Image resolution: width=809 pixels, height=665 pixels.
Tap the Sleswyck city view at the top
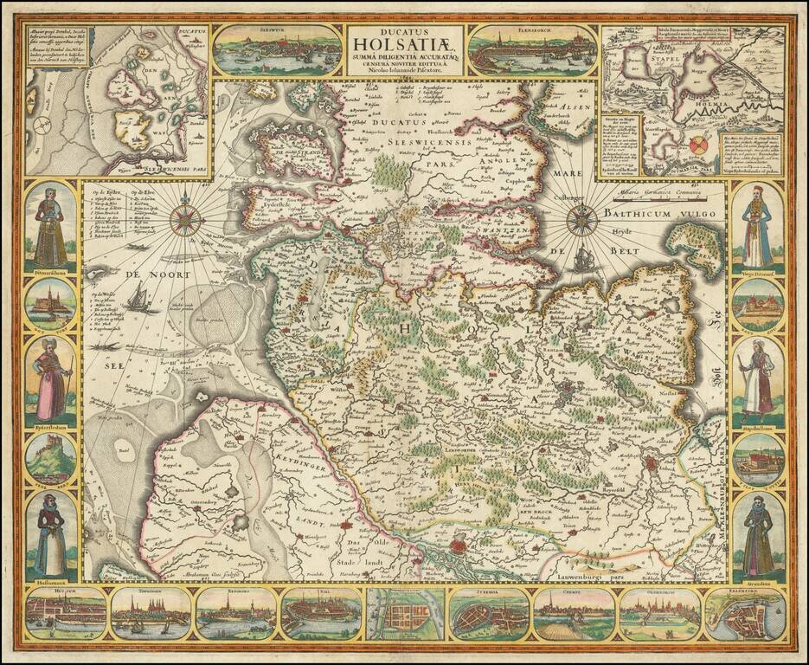(277, 49)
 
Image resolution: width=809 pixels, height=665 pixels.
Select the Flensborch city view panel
(531, 50)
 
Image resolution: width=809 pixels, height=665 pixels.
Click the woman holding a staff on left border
(50, 379)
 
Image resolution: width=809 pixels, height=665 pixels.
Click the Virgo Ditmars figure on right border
(757, 225)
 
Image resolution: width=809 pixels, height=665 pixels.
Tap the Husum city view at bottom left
(66, 616)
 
